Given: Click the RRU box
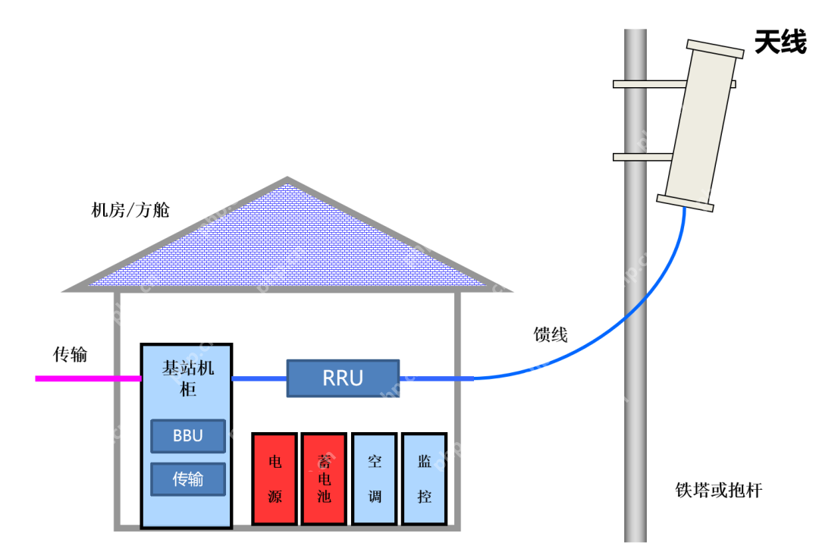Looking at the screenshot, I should pyautogui.click(x=343, y=378).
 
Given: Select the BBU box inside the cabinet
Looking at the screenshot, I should pyautogui.click(x=188, y=436).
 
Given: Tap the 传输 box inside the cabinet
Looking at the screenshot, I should pyautogui.click(x=188, y=479).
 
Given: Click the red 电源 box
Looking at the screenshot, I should pyautogui.click(x=275, y=478).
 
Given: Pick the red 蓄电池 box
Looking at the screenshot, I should pyautogui.click(x=324, y=478).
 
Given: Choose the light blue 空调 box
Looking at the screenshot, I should pyautogui.click(x=375, y=478).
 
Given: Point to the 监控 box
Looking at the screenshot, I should pyautogui.click(x=424, y=478).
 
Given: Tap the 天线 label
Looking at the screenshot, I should pyautogui.click(x=780, y=42).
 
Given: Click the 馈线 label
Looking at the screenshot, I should pyautogui.click(x=551, y=334).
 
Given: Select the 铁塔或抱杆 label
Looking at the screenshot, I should pyautogui.click(x=718, y=490).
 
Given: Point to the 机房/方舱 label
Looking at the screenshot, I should pyautogui.click(x=130, y=210).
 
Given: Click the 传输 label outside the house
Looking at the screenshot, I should pyautogui.click(x=70, y=354).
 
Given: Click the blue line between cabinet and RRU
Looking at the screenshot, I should pyautogui.click(x=259, y=378).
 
